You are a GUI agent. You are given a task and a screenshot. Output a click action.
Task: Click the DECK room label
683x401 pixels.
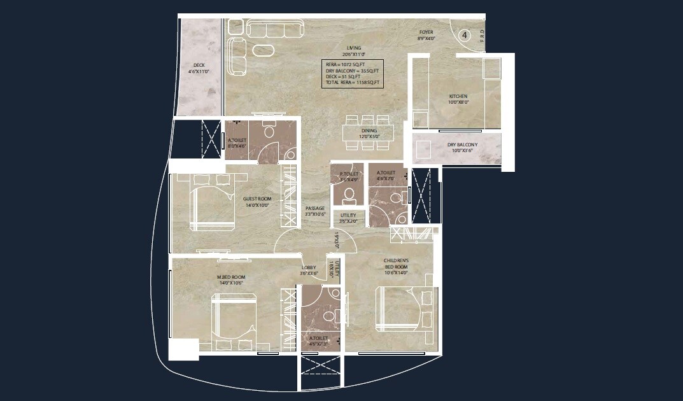[x=199, y=68]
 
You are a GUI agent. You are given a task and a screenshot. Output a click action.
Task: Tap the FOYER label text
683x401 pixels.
[x=426, y=35]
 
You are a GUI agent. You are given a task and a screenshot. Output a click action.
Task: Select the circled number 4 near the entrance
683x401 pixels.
[x=465, y=36]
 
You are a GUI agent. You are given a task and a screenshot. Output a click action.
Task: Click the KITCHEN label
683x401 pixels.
[x=458, y=99]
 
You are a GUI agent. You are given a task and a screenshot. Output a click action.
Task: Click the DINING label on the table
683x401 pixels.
[x=369, y=133]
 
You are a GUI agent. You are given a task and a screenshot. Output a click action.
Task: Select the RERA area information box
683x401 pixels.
[x=353, y=74]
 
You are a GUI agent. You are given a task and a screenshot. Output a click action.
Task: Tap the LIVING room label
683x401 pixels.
[x=354, y=51]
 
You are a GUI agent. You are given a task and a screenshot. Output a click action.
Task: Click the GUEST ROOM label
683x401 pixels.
[x=257, y=202]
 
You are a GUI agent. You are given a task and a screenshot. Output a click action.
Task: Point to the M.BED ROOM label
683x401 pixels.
[x=231, y=279]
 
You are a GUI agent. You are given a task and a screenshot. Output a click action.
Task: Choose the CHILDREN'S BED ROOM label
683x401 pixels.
[x=396, y=266]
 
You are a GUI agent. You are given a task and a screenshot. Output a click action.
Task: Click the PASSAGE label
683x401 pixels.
[x=315, y=211]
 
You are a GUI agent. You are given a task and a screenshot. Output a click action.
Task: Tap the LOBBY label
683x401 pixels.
[x=309, y=271]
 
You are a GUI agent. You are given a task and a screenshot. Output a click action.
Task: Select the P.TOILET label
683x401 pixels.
[x=348, y=176]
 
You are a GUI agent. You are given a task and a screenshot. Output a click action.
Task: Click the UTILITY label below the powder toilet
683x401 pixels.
[x=348, y=218]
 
